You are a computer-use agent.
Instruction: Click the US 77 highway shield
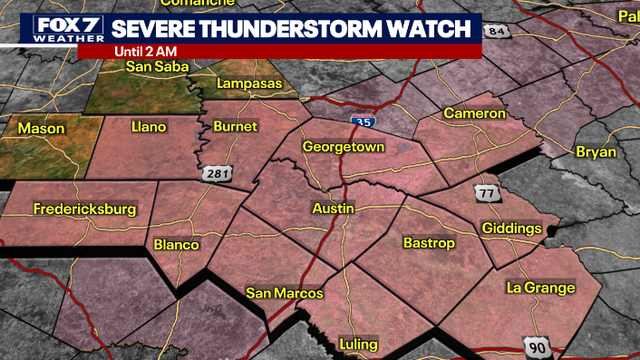coord(487,193)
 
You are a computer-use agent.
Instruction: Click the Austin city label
coord(334,208)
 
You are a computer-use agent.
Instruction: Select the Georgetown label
coord(342,146)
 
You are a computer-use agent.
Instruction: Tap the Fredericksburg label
coord(84,210)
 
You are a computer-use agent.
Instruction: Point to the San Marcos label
coord(285,293)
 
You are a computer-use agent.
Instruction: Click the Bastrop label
coord(429,243)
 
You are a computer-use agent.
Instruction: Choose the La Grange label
coord(541,288)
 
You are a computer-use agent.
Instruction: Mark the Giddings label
coord(511,228)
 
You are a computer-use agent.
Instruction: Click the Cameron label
coord(475,114)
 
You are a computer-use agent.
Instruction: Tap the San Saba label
coord(158,67)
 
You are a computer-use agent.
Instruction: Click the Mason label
coord(40,128)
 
